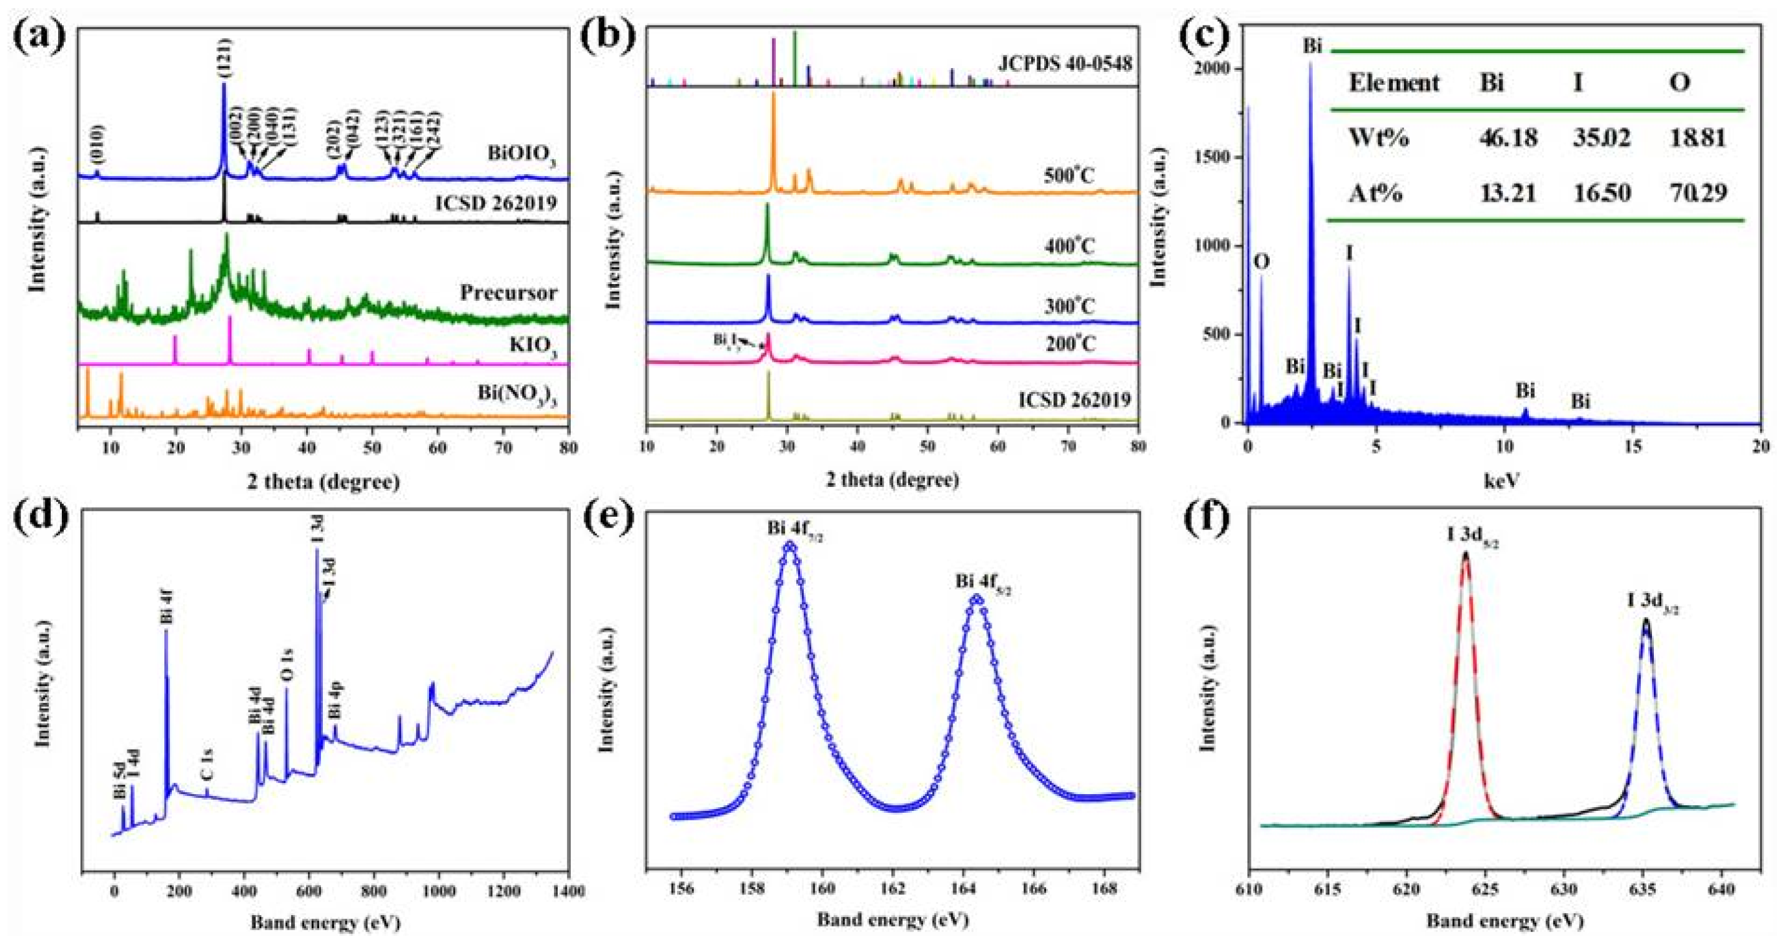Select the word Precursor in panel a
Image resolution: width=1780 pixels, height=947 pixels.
508,292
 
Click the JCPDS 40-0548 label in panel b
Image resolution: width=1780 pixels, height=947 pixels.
1065,64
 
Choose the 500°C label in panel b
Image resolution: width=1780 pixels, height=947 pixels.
1070,175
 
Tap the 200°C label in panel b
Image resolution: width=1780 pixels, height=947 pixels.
1070,343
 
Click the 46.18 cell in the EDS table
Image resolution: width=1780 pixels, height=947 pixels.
1508,138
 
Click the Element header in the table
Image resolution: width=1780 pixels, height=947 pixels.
1394,84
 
